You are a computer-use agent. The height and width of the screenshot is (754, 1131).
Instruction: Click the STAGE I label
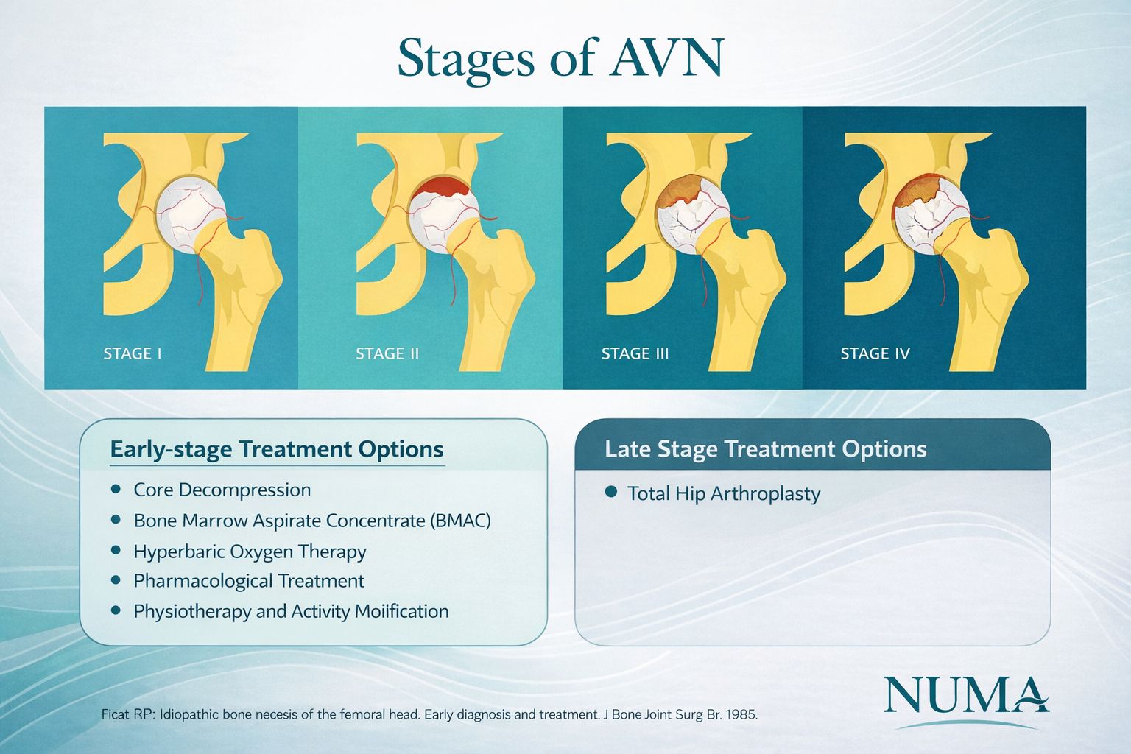133,353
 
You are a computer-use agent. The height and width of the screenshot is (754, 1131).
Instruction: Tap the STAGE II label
387,353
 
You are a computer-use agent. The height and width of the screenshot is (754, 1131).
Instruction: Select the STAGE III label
635,353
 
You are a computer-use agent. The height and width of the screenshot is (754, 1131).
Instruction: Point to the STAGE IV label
875,353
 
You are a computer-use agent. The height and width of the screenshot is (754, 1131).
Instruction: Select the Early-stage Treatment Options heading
277,449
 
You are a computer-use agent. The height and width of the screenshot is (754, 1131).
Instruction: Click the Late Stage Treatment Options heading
765,449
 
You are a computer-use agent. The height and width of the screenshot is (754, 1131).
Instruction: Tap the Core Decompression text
222,490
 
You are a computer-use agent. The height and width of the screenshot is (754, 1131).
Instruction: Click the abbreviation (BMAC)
459,521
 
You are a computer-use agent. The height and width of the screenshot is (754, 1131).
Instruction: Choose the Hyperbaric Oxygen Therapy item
250,552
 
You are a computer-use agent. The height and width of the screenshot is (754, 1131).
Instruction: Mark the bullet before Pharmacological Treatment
116,580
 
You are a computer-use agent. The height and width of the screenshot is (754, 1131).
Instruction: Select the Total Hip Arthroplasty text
723,493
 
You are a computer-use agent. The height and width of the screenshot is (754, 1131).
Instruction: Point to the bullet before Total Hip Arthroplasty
610,492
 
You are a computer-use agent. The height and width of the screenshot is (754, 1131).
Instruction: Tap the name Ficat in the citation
116,715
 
